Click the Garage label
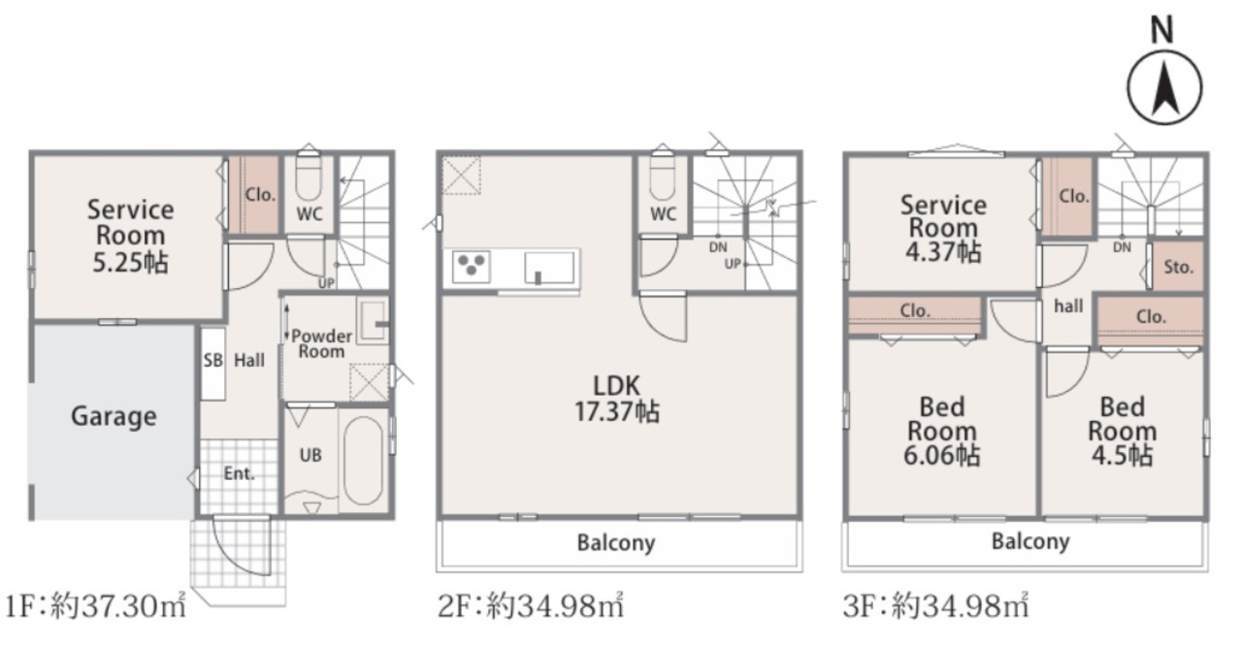click(x=114, y=417)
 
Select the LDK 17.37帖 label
click(x=616, y=399)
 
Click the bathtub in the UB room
click(x=363, y=461)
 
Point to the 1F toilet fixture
click(x=309, y=177)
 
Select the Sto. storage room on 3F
click(x=1178, y=267)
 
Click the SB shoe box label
click(x=212, y=361)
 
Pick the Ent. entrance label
click(x=239, y=473)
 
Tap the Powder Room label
click(x=321, y=343)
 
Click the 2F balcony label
click(x=616, y=543)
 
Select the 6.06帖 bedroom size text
click(x=942, y=456)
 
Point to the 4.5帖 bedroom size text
click(x=1123, y=456)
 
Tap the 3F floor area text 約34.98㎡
click(x=961, y=605)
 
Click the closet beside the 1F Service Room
click(x=254, y=195)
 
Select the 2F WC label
click(x=663, y=214)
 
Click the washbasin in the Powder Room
click(x=373, y=322)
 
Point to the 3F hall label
click(x=1068, y=306)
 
